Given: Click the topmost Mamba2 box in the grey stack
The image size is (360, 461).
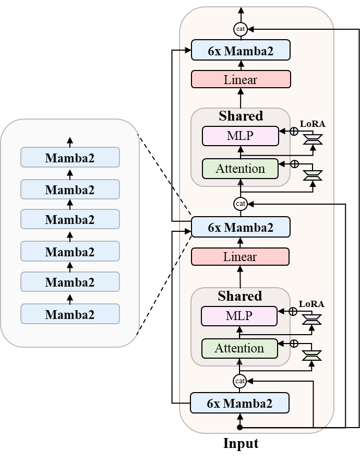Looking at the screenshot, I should tap(70, 157).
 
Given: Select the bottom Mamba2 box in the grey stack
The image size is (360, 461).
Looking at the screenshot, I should tap(70, 314).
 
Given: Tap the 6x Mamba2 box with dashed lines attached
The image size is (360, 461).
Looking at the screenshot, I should tap(240, 227).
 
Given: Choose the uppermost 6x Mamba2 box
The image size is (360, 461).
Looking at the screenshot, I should tap(240, 51).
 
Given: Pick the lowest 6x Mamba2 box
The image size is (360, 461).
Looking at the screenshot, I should tap(239, 403).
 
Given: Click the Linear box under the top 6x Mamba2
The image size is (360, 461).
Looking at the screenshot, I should tap(241, 79).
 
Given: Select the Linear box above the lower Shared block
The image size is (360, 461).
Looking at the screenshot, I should tap(240, 256).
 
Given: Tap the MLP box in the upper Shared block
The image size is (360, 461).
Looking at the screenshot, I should tap(240, 136).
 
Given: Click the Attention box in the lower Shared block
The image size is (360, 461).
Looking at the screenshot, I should tap(239, 348).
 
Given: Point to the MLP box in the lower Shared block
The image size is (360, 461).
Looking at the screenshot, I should tap(239, 316).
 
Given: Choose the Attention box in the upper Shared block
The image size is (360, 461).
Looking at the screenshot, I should tap(240, 169).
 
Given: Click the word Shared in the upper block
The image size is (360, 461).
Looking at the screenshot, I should tap(241, 115).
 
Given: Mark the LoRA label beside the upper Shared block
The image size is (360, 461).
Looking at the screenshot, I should tap(312, 124).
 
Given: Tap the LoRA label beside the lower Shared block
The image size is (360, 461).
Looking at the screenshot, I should tap(311, 304).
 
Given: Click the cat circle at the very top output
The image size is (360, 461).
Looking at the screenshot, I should tap(241, 29).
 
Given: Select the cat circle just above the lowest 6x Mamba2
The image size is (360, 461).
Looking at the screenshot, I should tap(239, 381).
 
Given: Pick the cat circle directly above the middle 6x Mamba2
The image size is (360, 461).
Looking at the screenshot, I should tap(241, 204).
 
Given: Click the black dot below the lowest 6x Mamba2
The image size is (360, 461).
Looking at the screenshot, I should tap(239, 427).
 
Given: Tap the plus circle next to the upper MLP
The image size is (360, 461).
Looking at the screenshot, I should tap(294, 132).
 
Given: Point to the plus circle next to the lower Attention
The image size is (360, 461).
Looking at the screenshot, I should tap(294, 344).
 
